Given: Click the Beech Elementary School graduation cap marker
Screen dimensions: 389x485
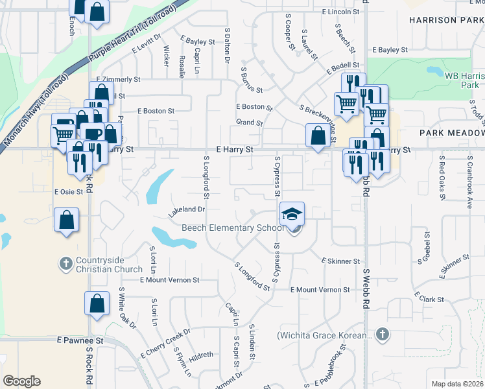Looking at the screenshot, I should click(x=292, y=213).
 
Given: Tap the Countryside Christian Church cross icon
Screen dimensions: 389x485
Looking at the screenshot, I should click(x=65, y=263).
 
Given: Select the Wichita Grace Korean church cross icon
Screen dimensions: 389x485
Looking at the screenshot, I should click(x=383, y=335).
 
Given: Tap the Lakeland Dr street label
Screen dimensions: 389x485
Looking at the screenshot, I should click(x=187, y=210).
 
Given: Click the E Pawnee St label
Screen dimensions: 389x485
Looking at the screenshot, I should click(x=80, y=340).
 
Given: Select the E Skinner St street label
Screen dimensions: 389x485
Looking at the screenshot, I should click(x=340, y=261).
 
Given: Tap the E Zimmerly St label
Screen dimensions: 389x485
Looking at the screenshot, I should click(x=118, y=79).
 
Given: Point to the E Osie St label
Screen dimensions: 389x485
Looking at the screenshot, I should click(x=69, y=191).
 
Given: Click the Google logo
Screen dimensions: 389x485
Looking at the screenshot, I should click(x=21, y=381).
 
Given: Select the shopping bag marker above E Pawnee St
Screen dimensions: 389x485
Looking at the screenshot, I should click(x=97, y=303).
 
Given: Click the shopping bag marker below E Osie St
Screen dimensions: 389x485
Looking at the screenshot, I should click(x=67, y=219).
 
